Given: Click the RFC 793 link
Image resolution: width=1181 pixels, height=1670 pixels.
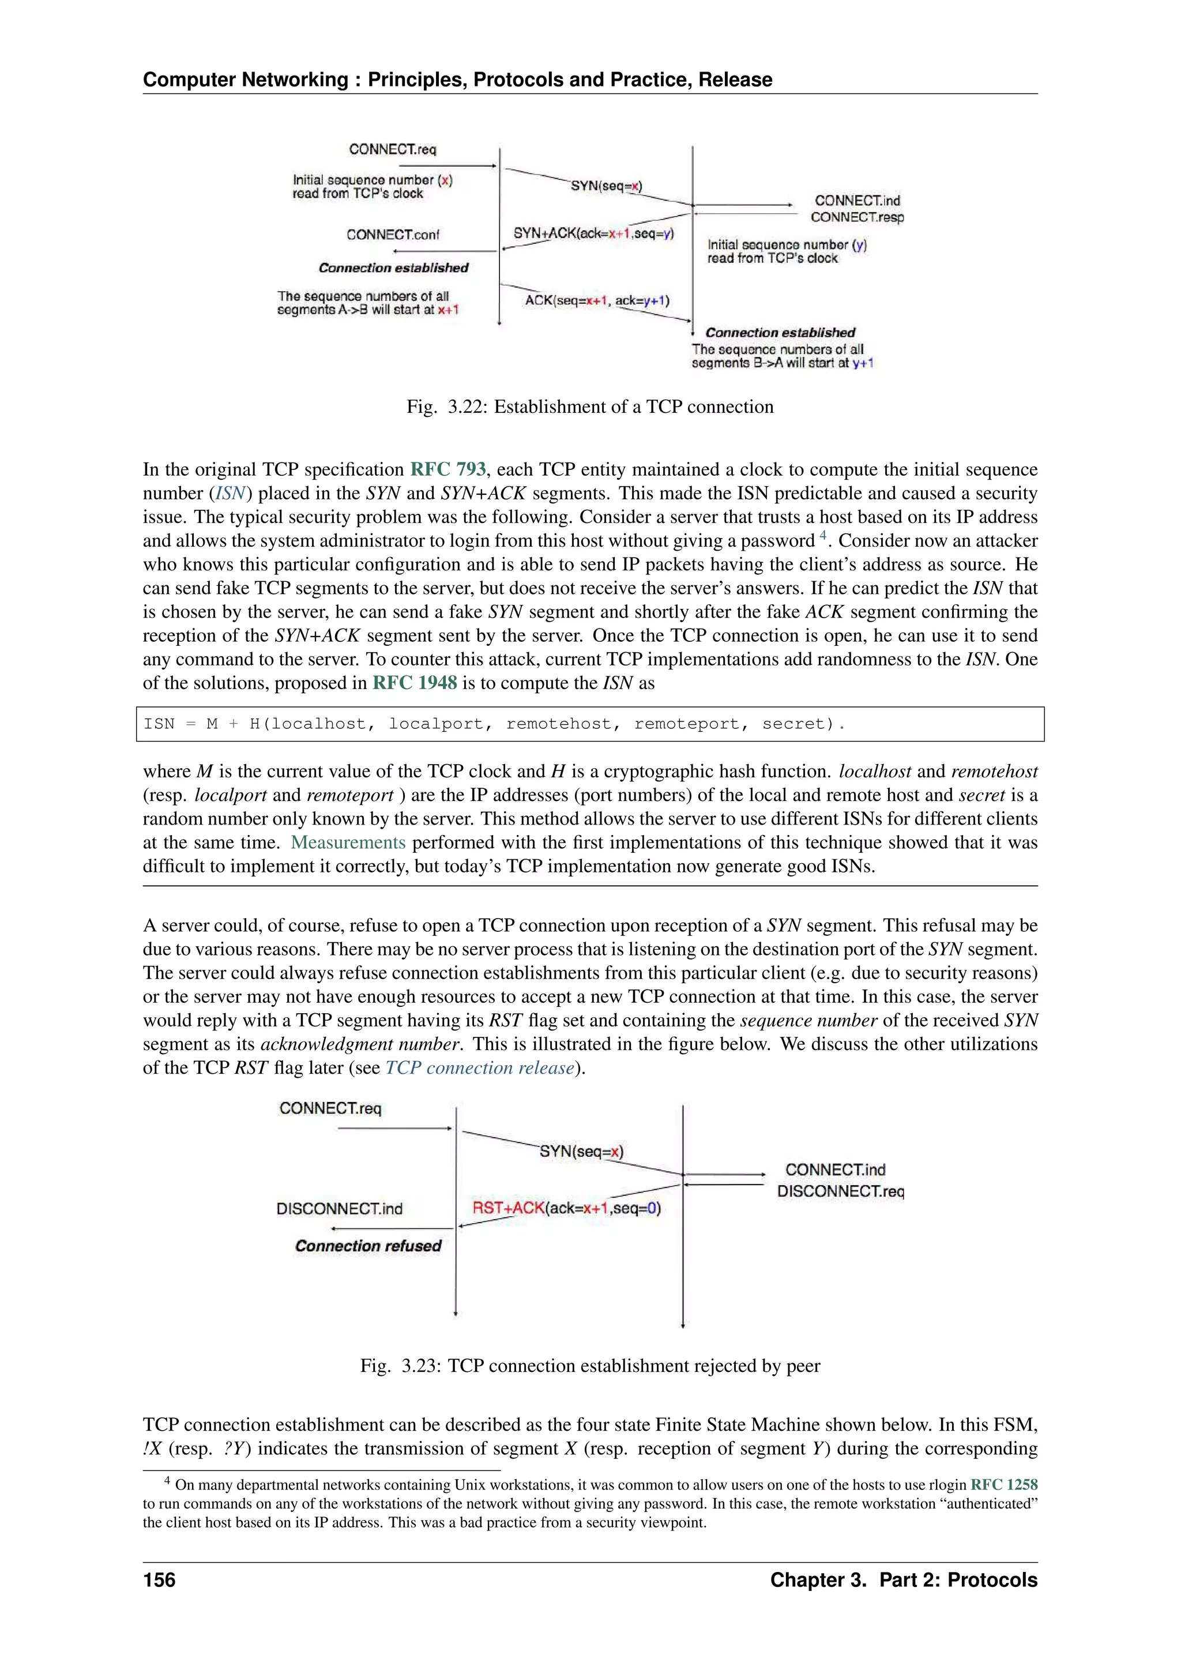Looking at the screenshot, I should (447, 470).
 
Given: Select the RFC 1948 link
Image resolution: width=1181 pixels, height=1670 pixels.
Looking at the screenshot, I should (415, 683).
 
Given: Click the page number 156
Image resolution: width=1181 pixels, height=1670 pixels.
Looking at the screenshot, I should (159, 1580).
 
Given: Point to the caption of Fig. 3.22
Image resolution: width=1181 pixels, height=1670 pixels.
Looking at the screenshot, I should (590, 407).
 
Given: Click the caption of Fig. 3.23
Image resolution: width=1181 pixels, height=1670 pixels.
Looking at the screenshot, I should (590, 1366).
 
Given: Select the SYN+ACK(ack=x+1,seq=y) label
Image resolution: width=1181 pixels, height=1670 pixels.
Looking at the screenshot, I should (593, 234).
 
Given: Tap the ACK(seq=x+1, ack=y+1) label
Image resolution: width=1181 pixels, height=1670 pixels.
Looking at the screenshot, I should (597, 300).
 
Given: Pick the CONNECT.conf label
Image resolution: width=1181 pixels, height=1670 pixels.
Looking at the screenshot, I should (393, 234).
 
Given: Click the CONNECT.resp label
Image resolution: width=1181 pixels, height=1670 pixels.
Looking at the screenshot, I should (857, 217).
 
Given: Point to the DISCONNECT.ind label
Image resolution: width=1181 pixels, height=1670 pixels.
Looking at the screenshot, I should (339, 1209).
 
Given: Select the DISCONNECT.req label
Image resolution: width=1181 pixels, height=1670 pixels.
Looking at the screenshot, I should (840, 1191).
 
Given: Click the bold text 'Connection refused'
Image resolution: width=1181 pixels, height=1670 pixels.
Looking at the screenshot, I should (368, 1246).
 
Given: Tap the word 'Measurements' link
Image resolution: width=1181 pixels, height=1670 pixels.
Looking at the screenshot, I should (348, 842).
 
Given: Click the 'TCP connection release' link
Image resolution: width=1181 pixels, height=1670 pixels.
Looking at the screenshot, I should (480, 1068).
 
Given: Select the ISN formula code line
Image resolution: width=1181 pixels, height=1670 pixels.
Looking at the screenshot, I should (495, 724).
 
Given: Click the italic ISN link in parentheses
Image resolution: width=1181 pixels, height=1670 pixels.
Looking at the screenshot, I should (230, 494).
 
